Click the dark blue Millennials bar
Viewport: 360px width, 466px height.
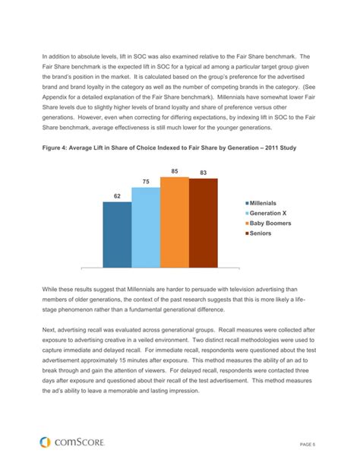tap(116, 235)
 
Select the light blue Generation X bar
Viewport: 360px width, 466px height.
tap(145, 228)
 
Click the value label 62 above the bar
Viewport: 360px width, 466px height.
tap(117, 196)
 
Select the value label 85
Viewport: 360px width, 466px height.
tap(175, 171)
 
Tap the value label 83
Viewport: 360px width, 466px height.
tap(204, 173)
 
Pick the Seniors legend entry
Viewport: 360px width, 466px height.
tap(267, 235)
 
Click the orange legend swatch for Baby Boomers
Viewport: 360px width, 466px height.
tap(247, 224)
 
